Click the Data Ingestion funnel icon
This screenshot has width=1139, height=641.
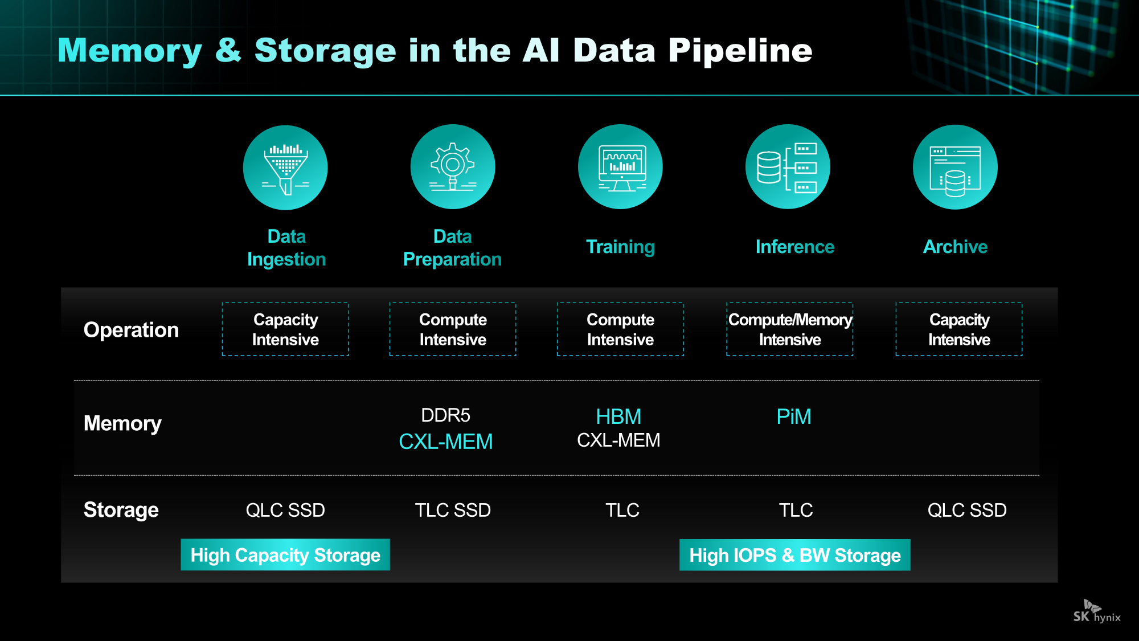click(x=285, y=168)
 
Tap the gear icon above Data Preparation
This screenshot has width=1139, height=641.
click(x=453, y=167)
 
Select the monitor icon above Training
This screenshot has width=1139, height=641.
click(x=620, y=167)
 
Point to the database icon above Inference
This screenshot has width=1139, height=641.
click(x=788, y=167)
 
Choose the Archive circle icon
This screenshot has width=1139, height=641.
click(x=955, y=167)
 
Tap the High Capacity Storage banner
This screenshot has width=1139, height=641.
click(x=285, y=555)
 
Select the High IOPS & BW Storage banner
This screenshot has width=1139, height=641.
click(x=795, y=555)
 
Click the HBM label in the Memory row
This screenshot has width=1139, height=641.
click(x=618, y=417)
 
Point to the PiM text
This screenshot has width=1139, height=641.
click(x=794, y=417)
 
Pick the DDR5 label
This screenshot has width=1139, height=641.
click(x=445, y=415)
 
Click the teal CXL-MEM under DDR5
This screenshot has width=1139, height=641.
click(x=445, y=442)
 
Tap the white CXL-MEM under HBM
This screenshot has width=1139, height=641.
click(x=618, y=440)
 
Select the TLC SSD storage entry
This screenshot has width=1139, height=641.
click(x=453, y=510)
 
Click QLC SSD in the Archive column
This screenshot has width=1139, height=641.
click(x=967, y=510)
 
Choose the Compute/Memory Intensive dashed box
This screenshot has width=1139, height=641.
click(x=790, y=329)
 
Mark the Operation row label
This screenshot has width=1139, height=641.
click(x=131, y=330)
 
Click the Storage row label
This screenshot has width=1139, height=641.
click(x=121, y=510)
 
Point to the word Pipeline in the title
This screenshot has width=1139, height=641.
click(x=740, y=51)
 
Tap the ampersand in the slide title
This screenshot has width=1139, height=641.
click(x=228, y=51)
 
